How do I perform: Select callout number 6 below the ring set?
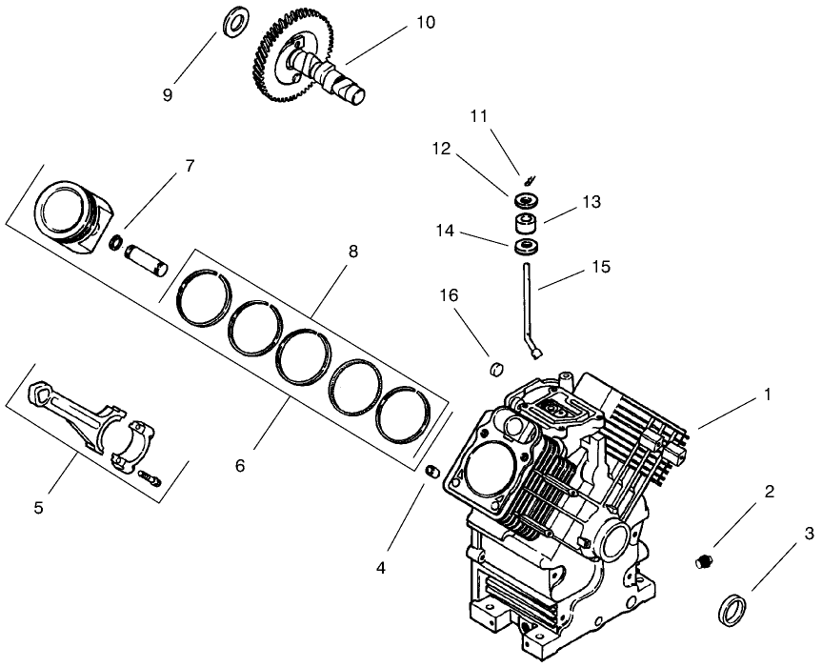click(x=240, y=466)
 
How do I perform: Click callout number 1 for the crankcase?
click(x=768, y=392)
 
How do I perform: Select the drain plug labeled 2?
click(x=706, y=560)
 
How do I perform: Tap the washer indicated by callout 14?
click(x=527, y=248)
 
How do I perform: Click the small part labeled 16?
click(x=494, y=368)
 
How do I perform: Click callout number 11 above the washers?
click(x=478, y=115)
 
